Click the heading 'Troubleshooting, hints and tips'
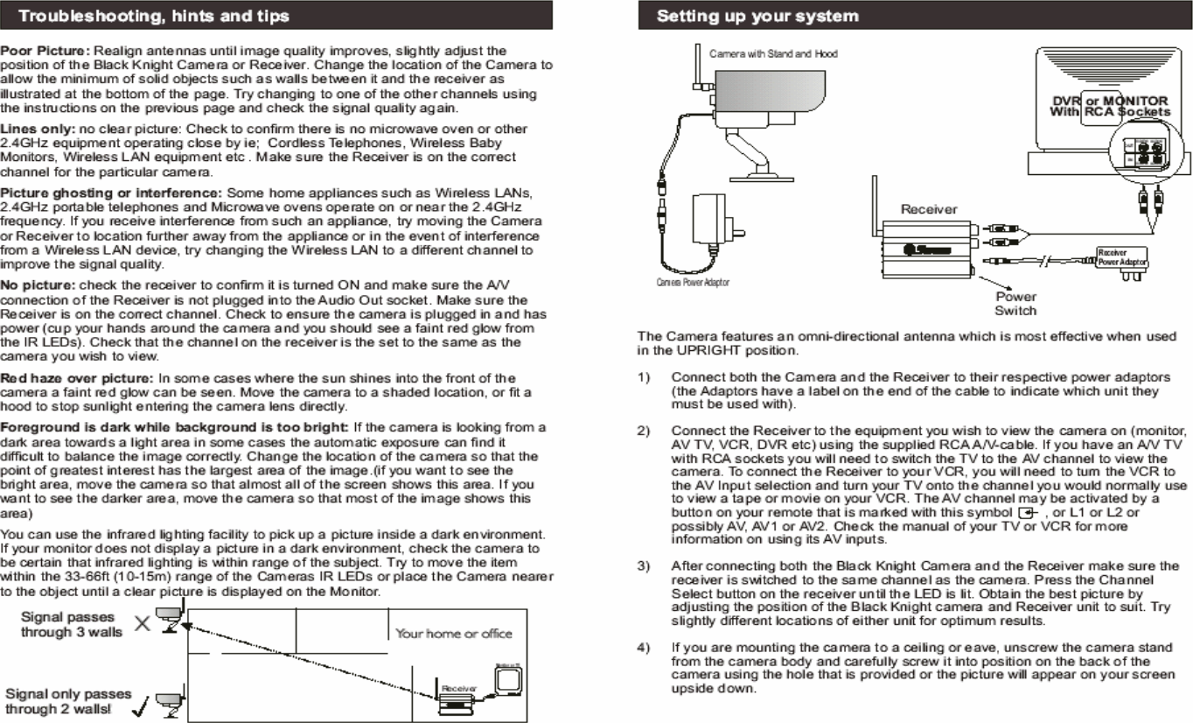tap(154, 16)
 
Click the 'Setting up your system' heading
tap(757, 16)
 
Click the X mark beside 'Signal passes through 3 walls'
tap(142, 622)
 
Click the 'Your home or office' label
tap(453, 633)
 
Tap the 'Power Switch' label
tap(1015, 303)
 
